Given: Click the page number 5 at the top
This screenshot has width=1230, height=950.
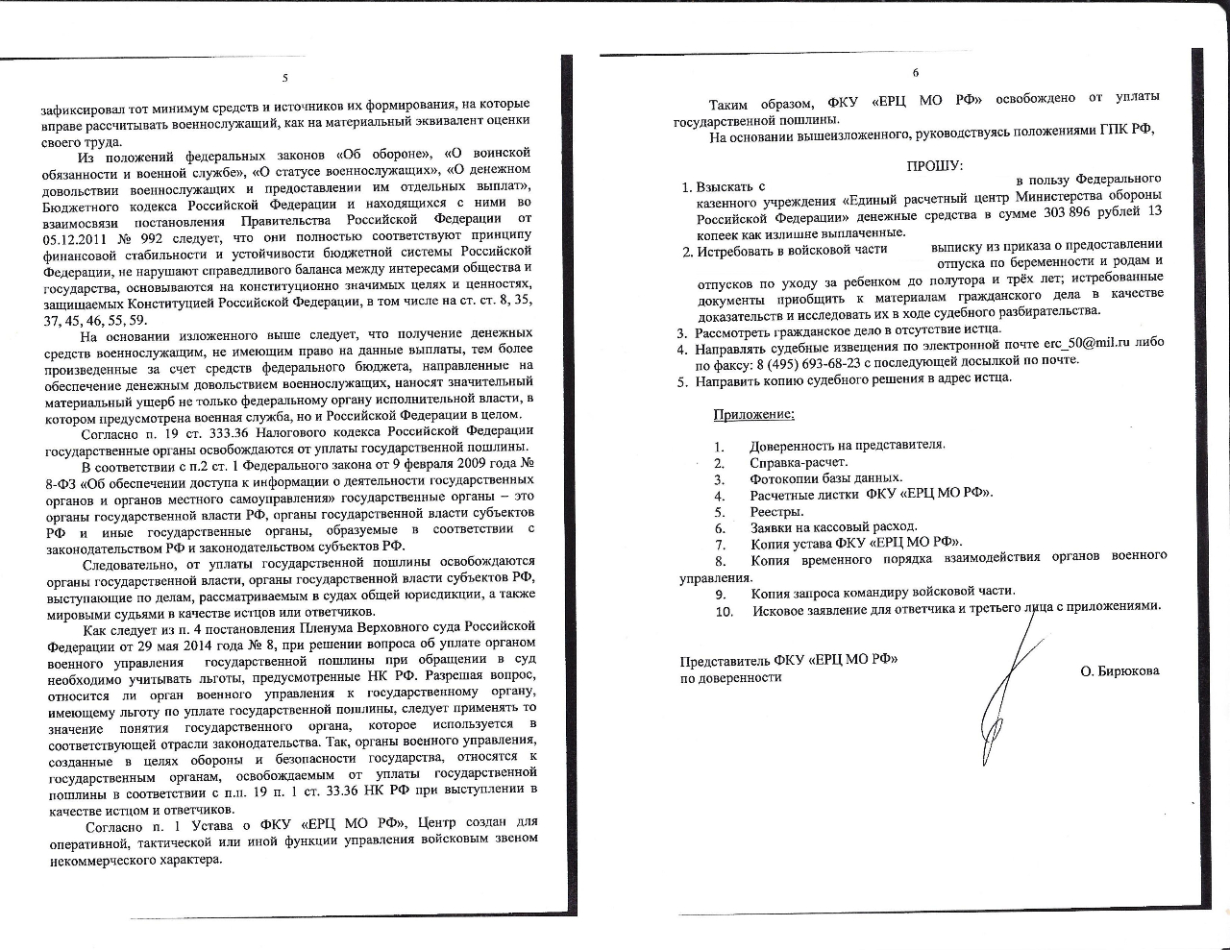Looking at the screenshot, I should click(x=284, y=78).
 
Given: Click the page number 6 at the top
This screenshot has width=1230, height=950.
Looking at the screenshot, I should click(x=915, y=72).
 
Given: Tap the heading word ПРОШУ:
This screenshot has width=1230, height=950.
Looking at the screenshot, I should click(x=935, y=165).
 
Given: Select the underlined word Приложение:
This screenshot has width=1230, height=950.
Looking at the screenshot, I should click(x=753, y=414).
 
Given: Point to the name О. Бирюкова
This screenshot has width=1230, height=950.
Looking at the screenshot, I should click(x=1119, y=670).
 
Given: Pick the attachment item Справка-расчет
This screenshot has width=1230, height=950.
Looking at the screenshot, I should click(x=799, y=462).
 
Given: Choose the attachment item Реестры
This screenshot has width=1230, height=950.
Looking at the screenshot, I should click(x=776, y=511).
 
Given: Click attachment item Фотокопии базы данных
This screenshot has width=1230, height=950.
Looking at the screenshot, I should click(x=825, y=478).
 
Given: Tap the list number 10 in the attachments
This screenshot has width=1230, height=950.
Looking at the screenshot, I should click(x=724, y=611).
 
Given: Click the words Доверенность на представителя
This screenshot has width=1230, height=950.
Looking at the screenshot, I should click(x=848, y=445).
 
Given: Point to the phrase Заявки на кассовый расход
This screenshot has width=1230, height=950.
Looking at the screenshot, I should click(x=833, y=527).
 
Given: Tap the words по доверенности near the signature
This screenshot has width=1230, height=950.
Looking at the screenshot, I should click(x=730, y=677).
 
